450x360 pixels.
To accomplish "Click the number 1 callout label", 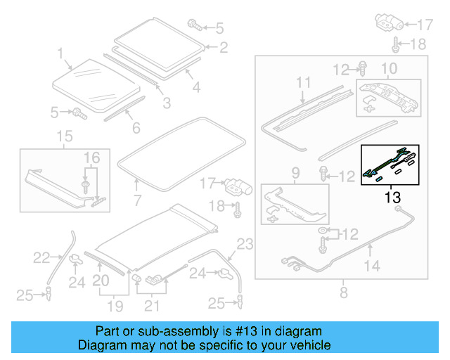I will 60,53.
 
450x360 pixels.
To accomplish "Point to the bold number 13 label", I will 391,197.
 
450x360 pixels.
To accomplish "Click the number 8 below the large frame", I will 344,290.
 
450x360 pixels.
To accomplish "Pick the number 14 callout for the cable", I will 371,265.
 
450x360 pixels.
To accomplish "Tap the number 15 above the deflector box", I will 64,135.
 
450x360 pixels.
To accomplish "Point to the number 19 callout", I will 114,306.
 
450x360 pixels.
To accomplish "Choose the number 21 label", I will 151,306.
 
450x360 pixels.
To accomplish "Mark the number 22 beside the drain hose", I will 43,259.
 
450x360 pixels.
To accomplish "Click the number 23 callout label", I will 244,245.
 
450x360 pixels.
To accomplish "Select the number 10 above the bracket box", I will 389,69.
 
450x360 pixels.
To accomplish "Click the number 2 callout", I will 224,48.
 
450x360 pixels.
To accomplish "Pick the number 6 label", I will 136,128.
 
